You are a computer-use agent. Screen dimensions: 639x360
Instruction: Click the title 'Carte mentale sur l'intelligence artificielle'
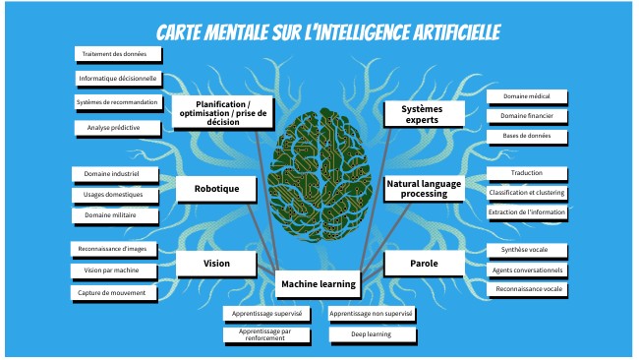click(328, 32)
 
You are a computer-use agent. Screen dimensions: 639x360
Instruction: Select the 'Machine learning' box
click(318, 284)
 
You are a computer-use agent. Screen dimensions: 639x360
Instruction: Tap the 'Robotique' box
click(215, 188)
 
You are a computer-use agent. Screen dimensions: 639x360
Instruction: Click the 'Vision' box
click(215, 264)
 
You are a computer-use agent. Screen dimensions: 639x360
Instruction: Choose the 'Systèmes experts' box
click(424, 113)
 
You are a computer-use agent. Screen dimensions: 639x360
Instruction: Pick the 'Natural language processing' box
click(424, 188)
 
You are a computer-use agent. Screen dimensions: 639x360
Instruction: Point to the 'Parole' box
click(424, 264)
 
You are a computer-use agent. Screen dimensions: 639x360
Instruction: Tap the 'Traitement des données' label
click(114, 54)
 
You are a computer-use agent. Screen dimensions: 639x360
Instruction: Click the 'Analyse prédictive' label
click(114, 128)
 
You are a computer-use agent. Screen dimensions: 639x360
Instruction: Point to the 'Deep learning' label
click(372, 334)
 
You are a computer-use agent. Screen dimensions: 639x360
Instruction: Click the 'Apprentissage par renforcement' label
click(266, 334)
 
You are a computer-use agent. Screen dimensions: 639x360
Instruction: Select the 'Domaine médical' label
click(527, 96)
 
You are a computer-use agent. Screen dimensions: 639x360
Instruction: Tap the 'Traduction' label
click(526, 173)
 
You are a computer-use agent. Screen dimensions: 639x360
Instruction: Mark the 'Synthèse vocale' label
click(526, 250)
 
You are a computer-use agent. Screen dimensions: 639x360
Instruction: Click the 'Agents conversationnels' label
click(526, 270)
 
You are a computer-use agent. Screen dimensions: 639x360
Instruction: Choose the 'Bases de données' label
click(527, 136)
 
